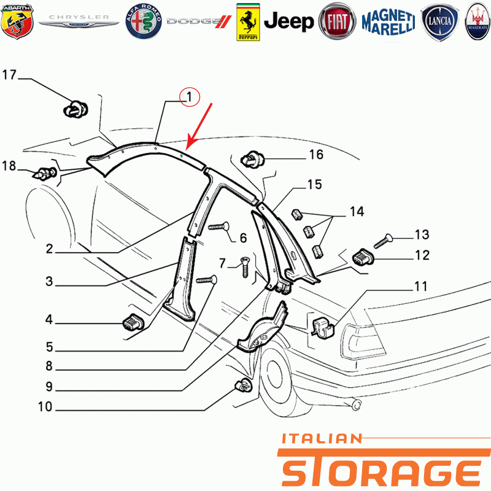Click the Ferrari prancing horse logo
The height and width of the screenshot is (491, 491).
(x=248, y=22)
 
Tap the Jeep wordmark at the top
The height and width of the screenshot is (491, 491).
(x=288, y=21)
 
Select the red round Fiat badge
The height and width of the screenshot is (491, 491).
(x=337, y=21)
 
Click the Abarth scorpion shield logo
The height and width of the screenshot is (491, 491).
(x=17, y=21)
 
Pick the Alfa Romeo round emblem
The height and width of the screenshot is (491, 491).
(x=144, y=21)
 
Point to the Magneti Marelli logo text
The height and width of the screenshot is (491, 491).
(x=389, y=22)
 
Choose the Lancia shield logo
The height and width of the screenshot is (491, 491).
(x=439, y=22)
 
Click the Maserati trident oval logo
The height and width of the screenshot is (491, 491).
(x=478, y=22)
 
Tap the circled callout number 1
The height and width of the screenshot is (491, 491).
(x=190, y=97)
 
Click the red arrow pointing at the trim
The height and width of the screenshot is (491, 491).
(x=199, y=126)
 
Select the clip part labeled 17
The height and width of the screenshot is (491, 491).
(x=75, y=109)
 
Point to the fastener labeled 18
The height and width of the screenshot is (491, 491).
(x=44, y=174)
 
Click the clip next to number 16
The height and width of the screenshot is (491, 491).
(x=252, y=160)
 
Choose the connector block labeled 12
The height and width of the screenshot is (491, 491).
(x=363, y=258)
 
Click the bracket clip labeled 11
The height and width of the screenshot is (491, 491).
(x=324, y=328)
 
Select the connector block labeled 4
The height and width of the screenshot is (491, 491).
(x=133, y=323)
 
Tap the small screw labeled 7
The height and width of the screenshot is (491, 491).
(x=244, y=267)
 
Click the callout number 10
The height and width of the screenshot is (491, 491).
(x=45, y=406)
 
